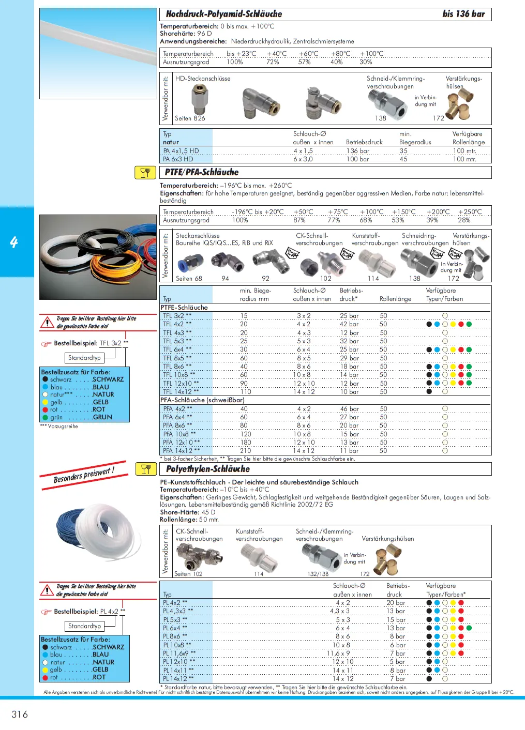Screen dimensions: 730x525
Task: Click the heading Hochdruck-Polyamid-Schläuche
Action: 223,14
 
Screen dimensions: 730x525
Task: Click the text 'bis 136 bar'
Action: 463,14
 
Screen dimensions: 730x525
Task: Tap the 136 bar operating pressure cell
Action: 357,151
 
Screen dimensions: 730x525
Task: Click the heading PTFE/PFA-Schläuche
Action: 202,172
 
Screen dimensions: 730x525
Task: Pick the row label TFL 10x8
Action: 179,375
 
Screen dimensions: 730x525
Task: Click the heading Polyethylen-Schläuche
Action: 207,469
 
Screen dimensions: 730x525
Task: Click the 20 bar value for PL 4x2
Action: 396,603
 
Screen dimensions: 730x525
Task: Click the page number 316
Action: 20,714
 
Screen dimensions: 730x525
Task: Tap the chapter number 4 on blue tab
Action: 14,242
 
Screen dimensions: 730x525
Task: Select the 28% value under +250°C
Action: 464,220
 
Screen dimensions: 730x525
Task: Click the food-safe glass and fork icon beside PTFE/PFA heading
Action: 145,172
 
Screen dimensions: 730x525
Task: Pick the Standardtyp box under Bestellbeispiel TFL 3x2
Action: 84,358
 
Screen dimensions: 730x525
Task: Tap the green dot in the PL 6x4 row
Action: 469,628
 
